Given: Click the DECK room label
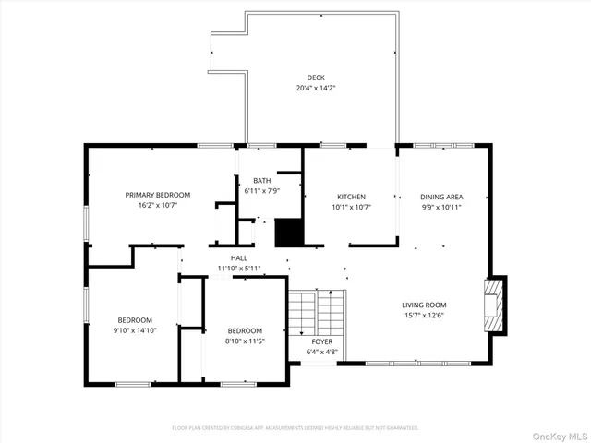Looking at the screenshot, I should (316, 78).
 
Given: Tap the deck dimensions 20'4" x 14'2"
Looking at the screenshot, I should (316, 89).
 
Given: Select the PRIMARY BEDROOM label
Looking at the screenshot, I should (158, 195).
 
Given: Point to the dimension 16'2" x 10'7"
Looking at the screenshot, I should (158, 206).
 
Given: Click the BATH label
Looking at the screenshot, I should (261, 180).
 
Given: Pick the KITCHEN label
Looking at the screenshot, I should (351, 197).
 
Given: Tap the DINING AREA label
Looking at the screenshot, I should (441, 197).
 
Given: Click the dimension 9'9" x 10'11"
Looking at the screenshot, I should (441, 207).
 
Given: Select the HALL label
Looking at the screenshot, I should (239, 257).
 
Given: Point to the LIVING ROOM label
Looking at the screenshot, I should (424, 305).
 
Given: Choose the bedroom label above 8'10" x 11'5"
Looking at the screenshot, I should (245, 330).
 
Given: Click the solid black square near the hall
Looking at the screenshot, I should (289, 232).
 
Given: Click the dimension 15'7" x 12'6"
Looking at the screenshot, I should (424, 316).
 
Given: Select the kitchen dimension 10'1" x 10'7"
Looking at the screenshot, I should (351, 207).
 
